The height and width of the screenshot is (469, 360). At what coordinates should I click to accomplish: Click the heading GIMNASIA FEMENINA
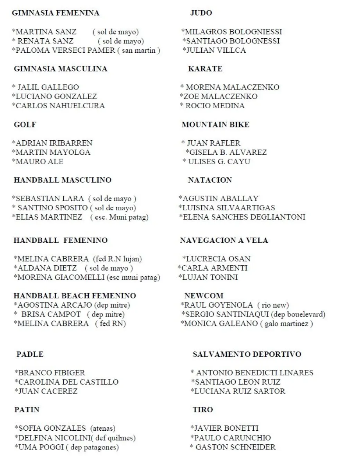tap(56, 13)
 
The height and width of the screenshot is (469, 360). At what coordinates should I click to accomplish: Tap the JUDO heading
tap(201, 13)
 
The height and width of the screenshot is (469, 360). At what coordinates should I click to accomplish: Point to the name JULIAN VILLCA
tap(215, 50)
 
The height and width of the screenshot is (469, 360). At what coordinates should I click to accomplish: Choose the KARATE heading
tap(205, 69)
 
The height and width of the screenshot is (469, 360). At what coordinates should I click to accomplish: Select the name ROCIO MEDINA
tap(214, 106)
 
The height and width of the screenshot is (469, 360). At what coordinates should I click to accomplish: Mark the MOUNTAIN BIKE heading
tap(215, 125)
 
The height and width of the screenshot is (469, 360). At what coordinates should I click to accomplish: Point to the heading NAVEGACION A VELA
tap(224, 240)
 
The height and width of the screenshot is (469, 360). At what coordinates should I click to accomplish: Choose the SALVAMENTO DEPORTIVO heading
tap(247, 354)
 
